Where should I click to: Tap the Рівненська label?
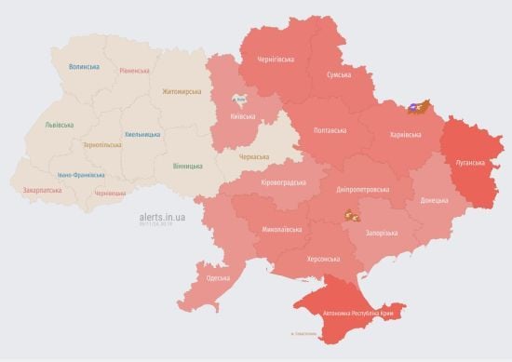tap(135, 71)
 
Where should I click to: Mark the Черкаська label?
tap(259, 159)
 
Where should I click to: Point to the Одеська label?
tap(217, 277)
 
